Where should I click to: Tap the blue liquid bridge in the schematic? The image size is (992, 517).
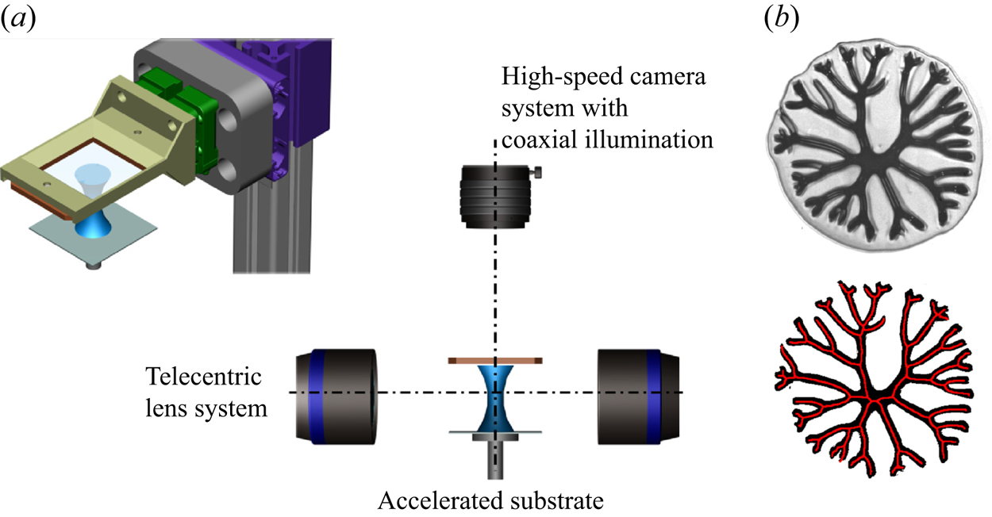point(495,396)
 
